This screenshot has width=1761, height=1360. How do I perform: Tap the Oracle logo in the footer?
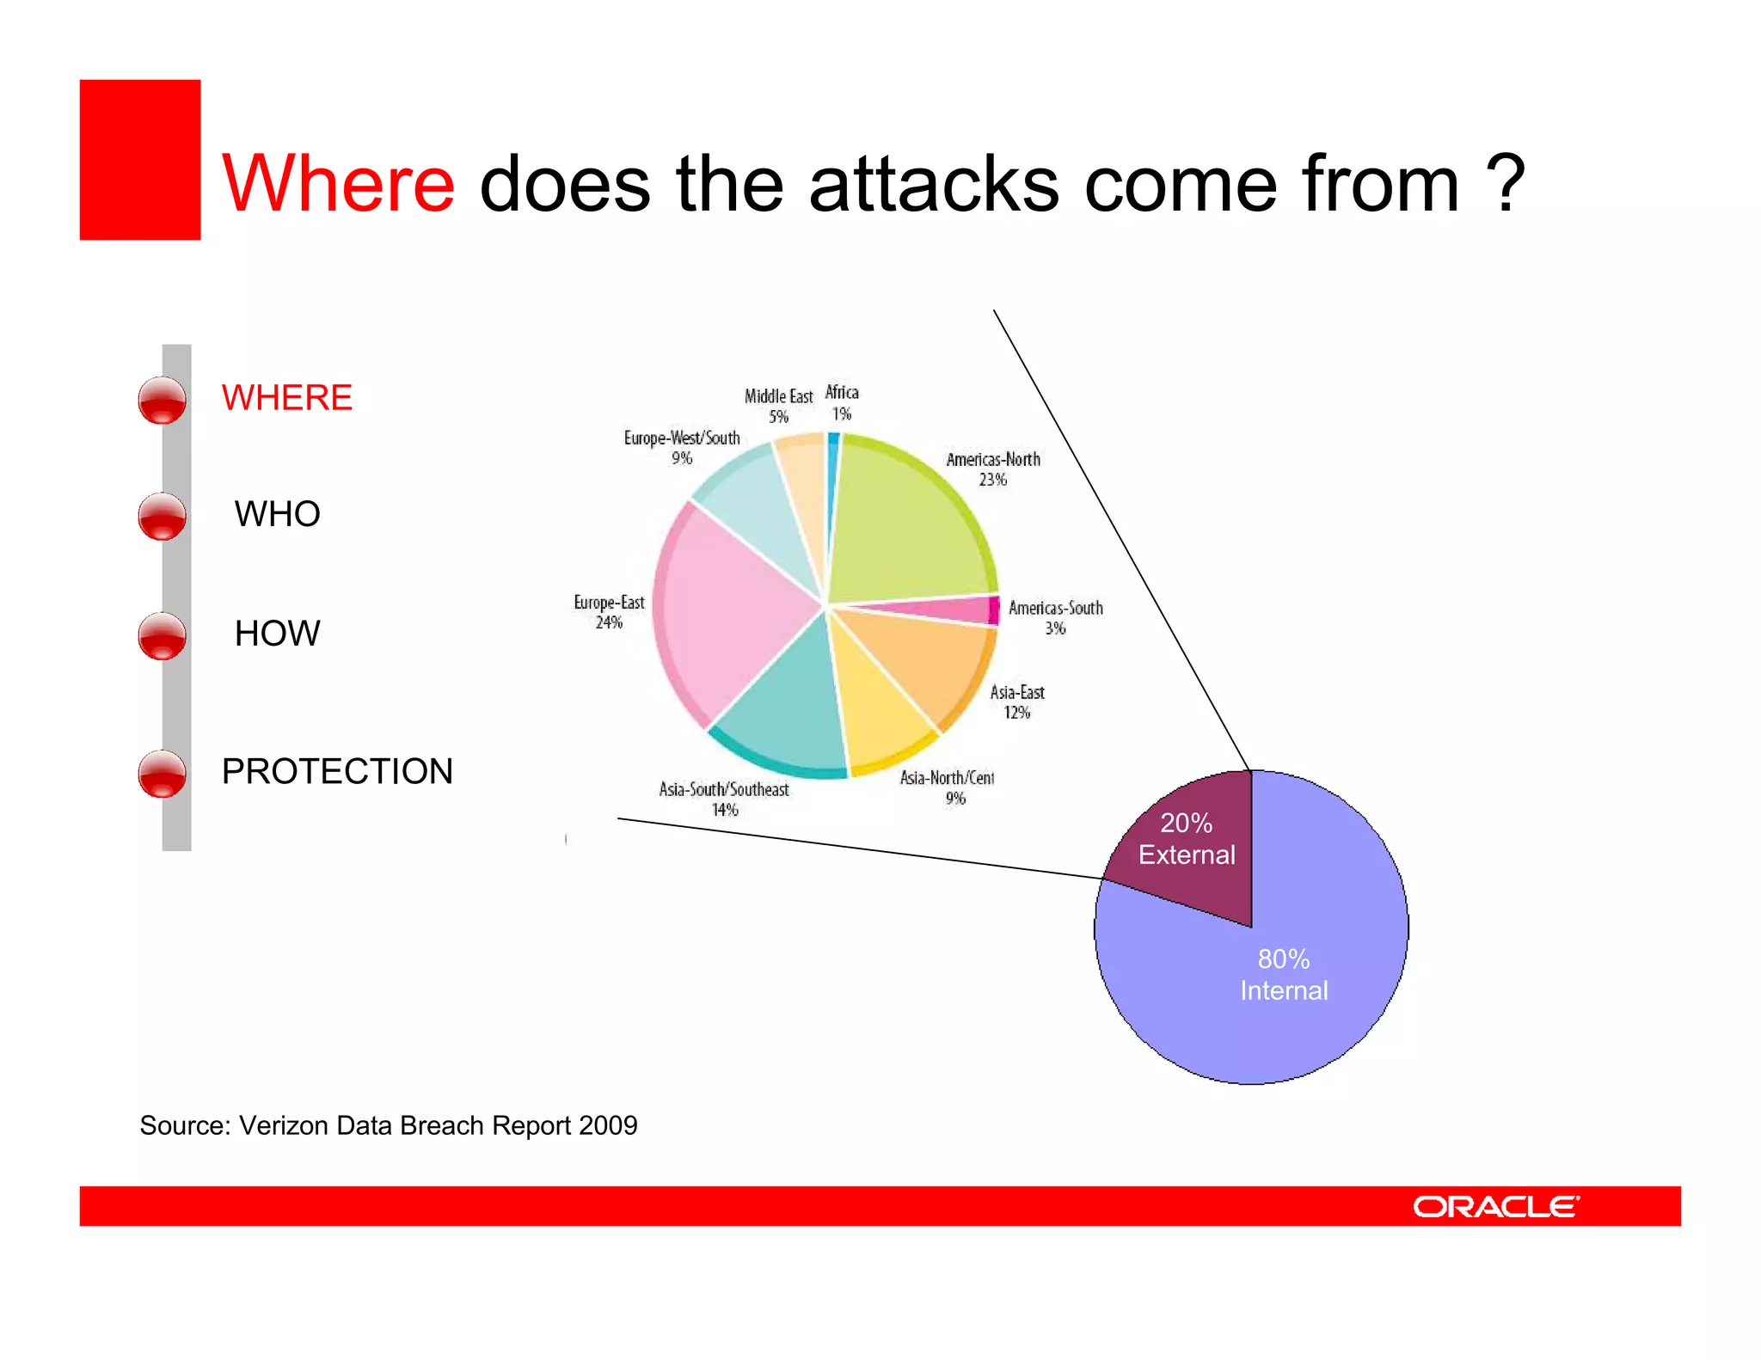pyautogui.click(x=1495, y=1207)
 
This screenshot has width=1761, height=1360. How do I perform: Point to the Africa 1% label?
pyautogui.click(x=842, y=402)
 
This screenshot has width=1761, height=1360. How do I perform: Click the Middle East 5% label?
pyautogui.click(x=778, y=406)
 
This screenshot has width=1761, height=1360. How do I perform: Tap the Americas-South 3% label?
pyautogui.click(x=1055, y=617)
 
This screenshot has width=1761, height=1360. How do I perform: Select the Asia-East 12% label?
pyautogui.click(x=1017, y=701)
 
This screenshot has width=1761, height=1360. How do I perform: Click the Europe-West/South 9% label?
pyautogui.click(x=682, y=447)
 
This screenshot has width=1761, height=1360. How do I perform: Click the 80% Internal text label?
pyautogui.click(x=1284, y=975)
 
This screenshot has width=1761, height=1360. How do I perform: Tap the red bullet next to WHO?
pyautogui.click(x=162, y=517)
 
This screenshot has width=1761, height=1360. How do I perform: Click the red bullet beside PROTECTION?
pyautogui.click(x=162, y=774)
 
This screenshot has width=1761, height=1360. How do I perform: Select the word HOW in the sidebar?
pyautogui.click(x=277, y=634)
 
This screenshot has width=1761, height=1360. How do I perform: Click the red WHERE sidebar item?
pyautogui.click(x=286, y=398)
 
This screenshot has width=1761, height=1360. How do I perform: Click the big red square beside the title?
pyautogui.click(x=140, y=160)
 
